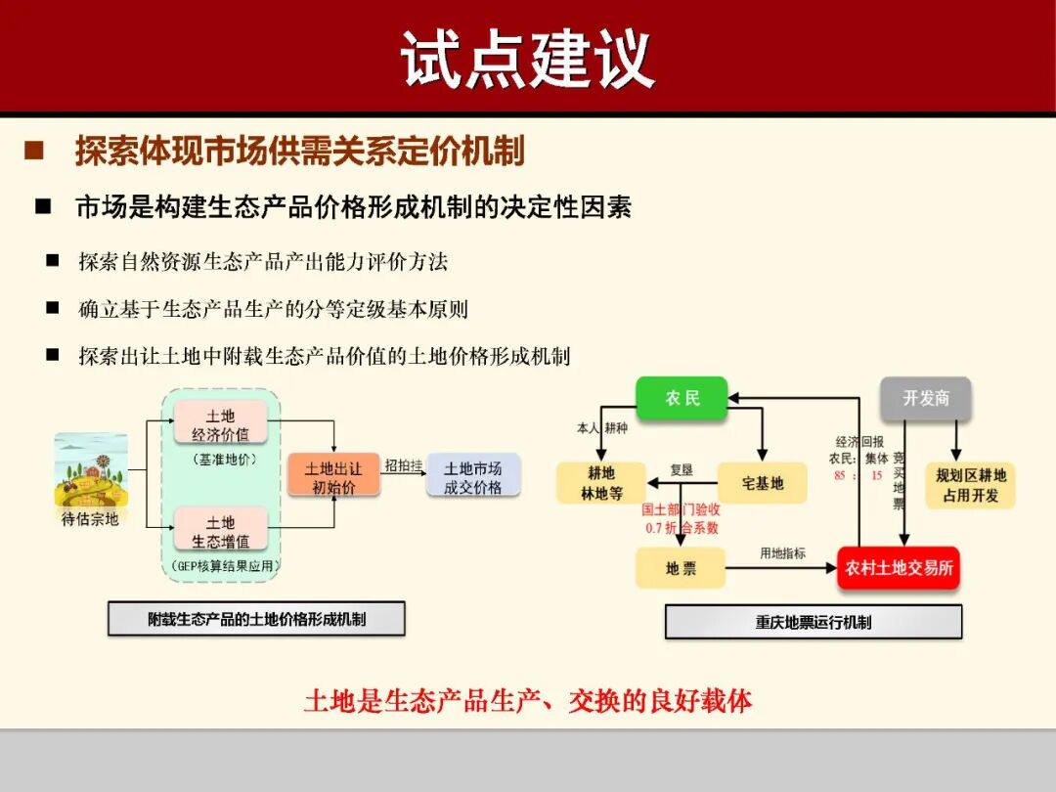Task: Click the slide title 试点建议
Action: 527,59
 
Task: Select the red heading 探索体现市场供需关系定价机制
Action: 299,151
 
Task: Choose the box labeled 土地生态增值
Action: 221,531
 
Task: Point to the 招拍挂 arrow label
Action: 403,465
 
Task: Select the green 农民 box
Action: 682,398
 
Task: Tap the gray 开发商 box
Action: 925,398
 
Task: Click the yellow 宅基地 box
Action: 763,483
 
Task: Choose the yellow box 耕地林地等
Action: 601,483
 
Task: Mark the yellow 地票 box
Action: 681,568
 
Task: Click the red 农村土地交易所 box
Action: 898,568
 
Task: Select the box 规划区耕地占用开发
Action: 970,485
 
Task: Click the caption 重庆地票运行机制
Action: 813,622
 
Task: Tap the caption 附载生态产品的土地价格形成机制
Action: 256,619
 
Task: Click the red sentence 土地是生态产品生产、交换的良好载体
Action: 528,701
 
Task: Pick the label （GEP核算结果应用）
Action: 221,566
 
